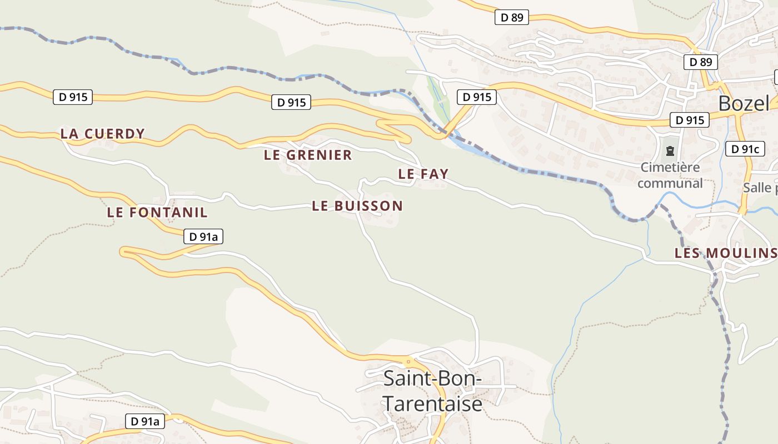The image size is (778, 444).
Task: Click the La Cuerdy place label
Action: pos(102,134)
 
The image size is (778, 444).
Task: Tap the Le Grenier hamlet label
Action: pos(308,155)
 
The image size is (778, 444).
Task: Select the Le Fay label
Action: pos(423,174)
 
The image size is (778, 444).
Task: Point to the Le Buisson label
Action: pos(357,206)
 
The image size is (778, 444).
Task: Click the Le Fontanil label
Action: pos(157,212)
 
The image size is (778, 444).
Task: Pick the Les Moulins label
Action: pos(725,253)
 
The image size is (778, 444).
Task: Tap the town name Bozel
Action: pos(744,103)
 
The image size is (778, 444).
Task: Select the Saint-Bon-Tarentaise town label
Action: pos(432,391)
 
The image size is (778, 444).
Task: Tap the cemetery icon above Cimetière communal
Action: pos(670,150)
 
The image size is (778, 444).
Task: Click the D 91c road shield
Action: pos(745,149)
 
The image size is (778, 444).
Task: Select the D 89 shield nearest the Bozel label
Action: pos(700,62)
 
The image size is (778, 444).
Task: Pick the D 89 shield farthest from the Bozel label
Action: pos(511,17)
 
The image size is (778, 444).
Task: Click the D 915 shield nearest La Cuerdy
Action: pos(72,97)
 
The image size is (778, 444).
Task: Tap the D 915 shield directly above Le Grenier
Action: pos(291,102)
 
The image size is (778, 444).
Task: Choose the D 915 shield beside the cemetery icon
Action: pos(689,120)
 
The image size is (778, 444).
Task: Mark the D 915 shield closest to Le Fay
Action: pos(476,97)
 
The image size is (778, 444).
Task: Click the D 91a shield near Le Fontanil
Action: pos(203,237)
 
